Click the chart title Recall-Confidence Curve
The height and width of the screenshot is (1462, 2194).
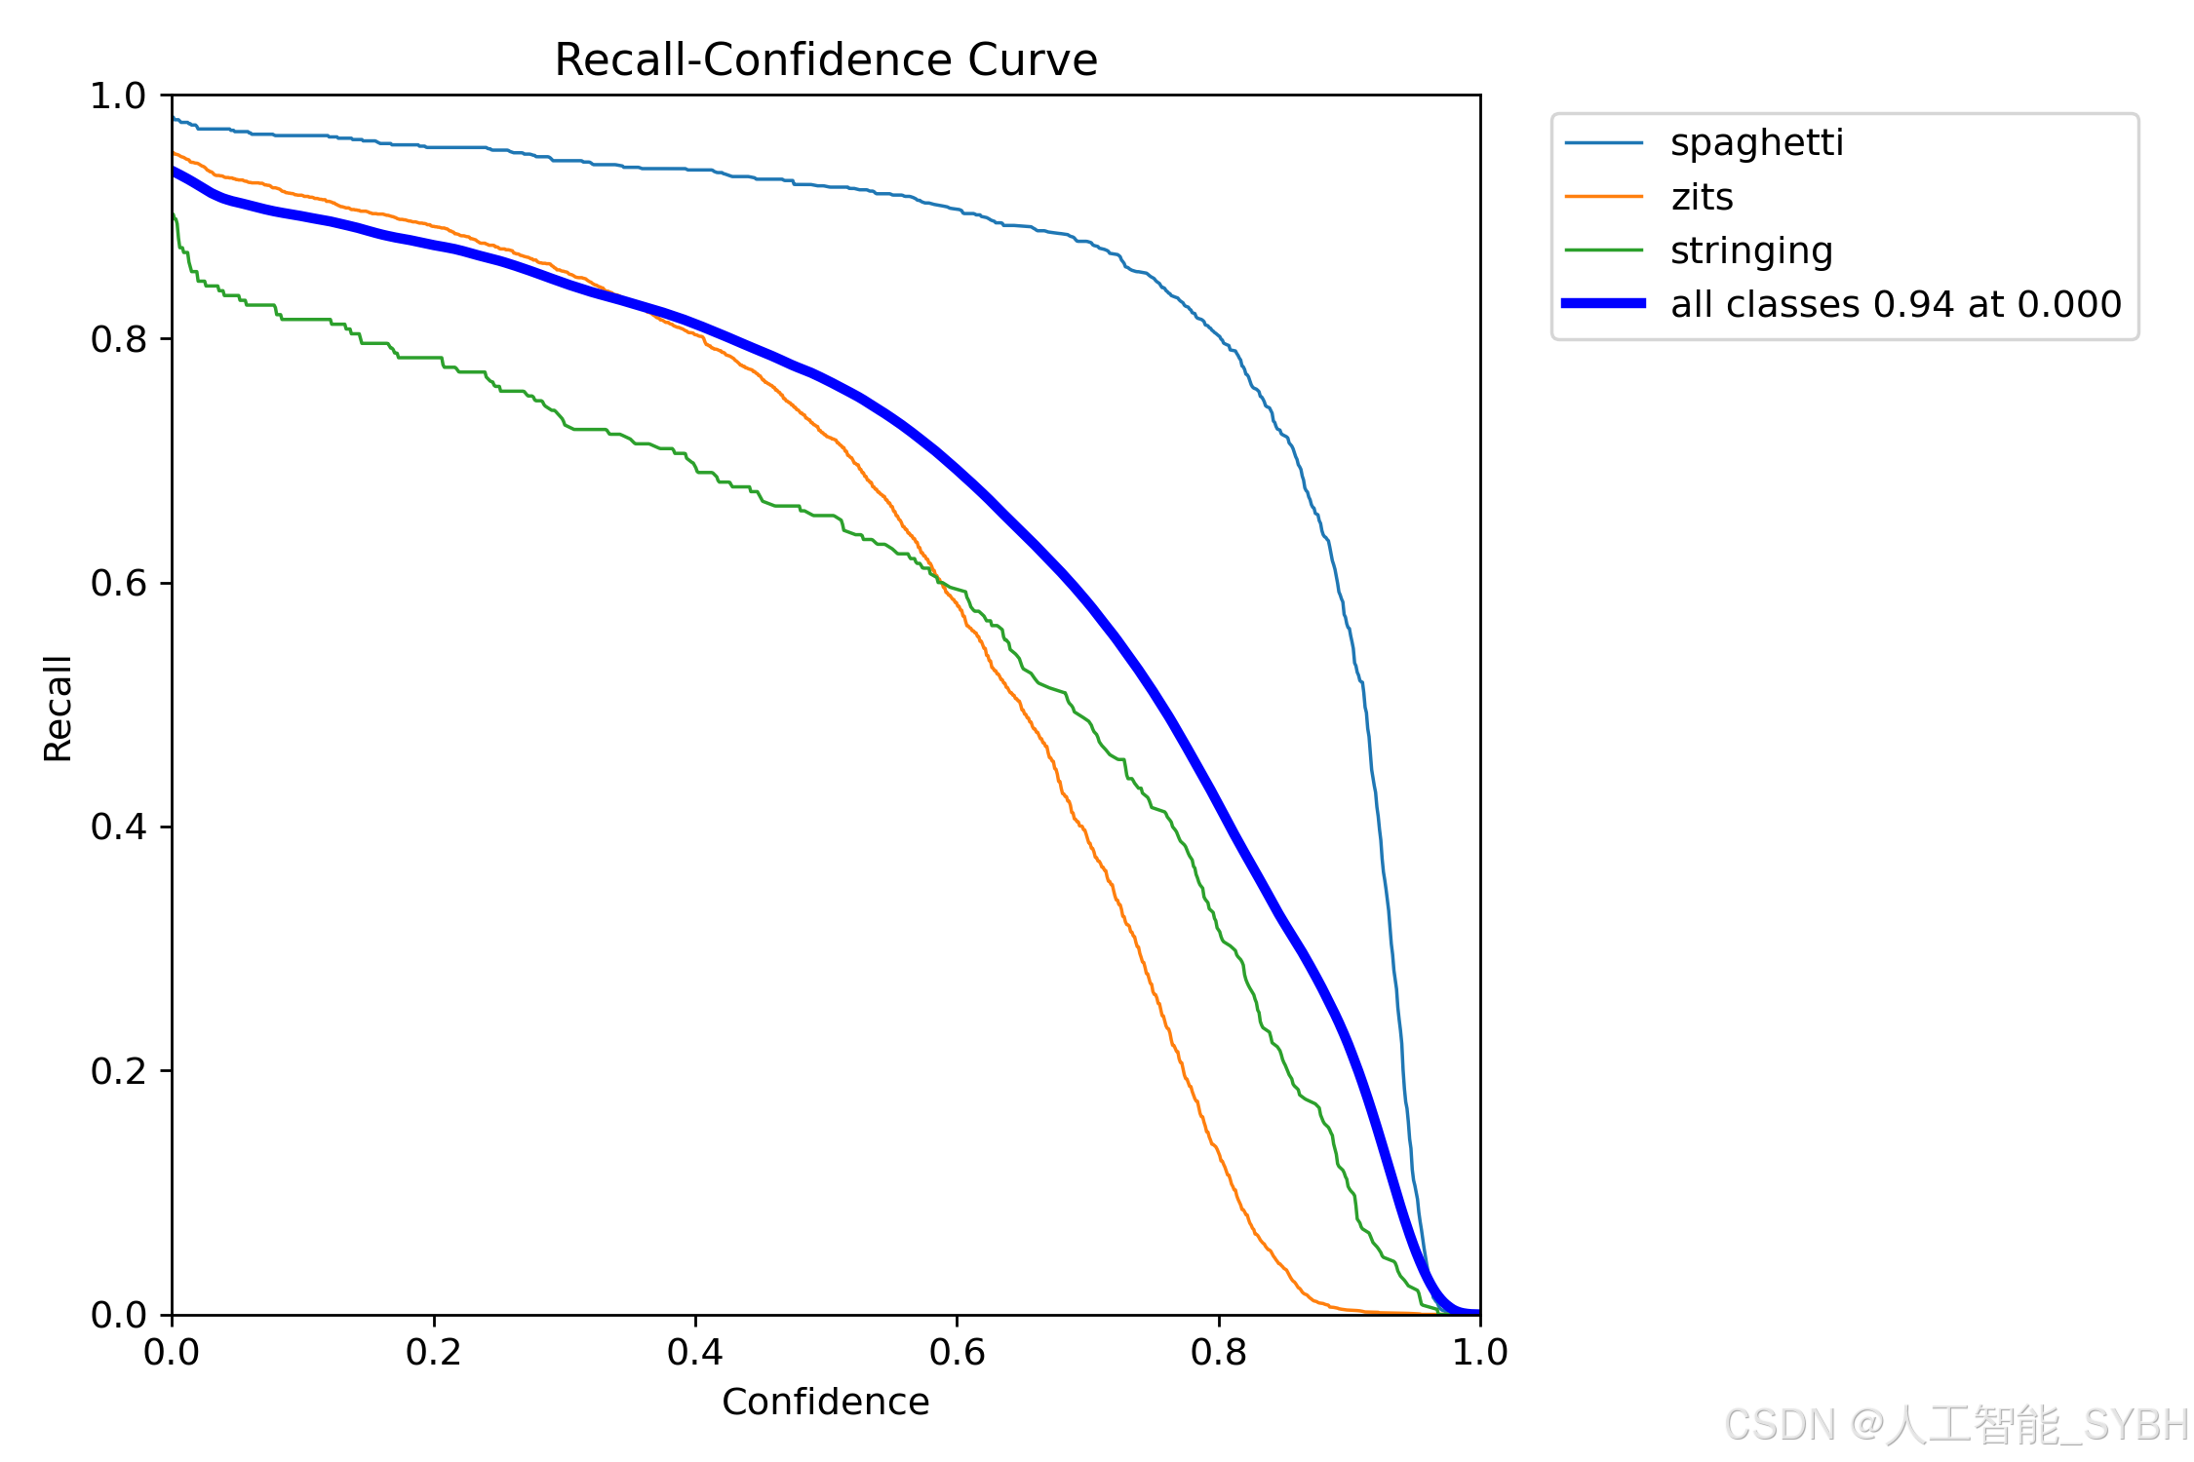(825, 60)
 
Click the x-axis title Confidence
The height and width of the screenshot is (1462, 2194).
(825, 1402)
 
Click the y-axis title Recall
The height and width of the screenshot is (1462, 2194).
(59, 708)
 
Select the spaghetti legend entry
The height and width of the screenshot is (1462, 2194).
(1756, 143)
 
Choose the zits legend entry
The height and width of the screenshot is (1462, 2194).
(1702, 198)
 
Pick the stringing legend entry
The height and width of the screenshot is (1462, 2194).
(1751, 251)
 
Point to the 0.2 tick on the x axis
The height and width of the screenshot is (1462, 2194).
(433, 1352)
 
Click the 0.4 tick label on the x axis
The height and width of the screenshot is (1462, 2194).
(695, 1352)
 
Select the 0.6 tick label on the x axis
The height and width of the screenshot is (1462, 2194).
(957, 1352)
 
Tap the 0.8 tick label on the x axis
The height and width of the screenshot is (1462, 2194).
(1218, 1352)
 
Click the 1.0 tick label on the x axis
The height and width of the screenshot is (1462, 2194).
(1479, 1352)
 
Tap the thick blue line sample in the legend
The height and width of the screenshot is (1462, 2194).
(1603, 304)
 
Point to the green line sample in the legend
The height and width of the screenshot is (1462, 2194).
(1603, 250)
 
